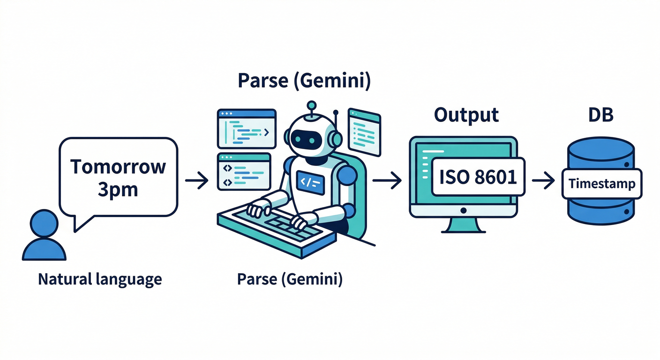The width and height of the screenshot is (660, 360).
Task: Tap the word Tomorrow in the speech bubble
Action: click(x=118, y=167)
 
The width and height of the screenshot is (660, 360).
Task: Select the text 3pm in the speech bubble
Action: click(x=118, y=189)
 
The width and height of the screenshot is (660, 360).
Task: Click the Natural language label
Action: click(x=100, y=279)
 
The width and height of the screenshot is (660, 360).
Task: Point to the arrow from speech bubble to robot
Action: click(x=197, y=180)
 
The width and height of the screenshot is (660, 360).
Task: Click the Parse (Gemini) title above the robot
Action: click(x=304, y=81)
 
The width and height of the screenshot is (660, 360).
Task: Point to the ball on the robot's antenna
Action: click(x=310, y=105)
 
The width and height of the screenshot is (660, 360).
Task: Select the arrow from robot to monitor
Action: click(x=388, y=180)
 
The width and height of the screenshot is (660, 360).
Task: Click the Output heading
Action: click(x=466, y=115)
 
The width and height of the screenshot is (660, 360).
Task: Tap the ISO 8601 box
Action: click(x=478, y=177)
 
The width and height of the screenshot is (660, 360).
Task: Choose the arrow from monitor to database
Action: click(x=543, y=180)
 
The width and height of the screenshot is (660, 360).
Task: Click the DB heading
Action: click(x=600, y=115)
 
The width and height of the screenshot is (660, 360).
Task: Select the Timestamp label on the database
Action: click(x=602, y=183)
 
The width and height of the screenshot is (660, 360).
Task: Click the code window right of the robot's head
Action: click(x=364, y=131)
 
